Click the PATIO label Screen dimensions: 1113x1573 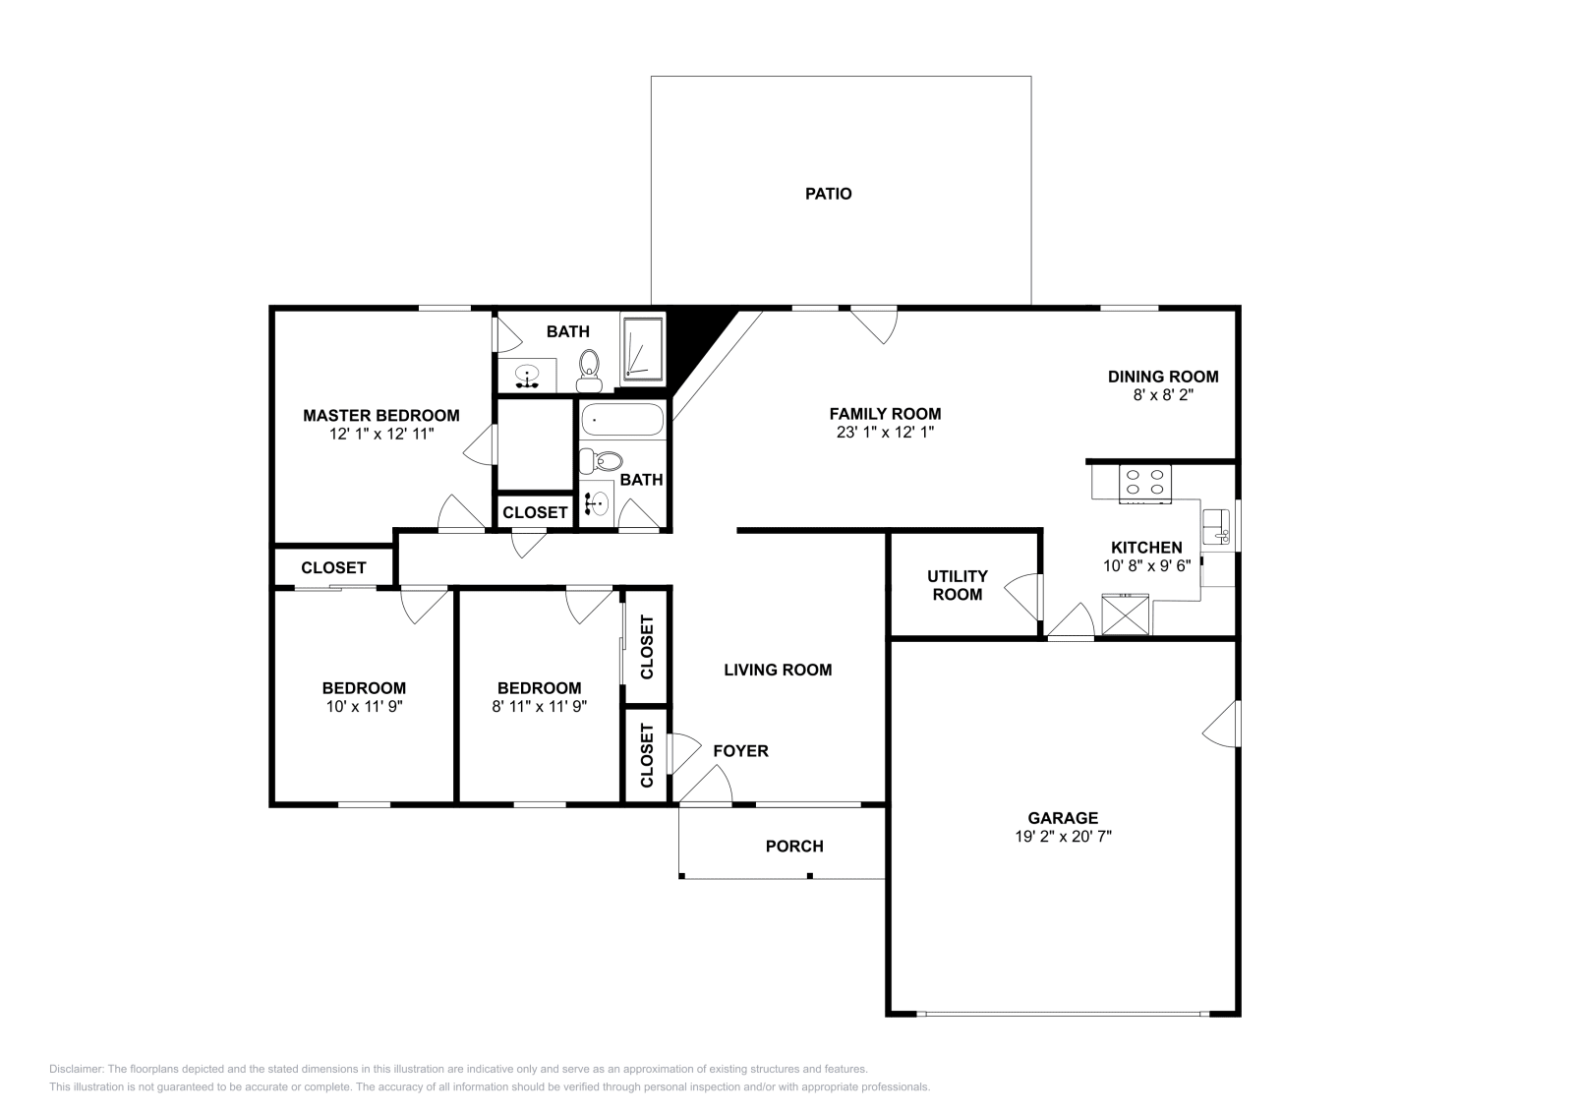(828, 194)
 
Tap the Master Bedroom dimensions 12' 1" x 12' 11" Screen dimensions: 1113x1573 (381, 433)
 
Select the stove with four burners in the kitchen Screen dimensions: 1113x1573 (1145, 482)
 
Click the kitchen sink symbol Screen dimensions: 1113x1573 (1217, 525)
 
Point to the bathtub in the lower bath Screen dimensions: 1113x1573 (622, 422)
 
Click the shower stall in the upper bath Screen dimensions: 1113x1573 (643, 351)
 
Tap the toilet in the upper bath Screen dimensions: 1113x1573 (589, 364)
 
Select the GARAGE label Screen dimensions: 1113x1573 (1062, 817)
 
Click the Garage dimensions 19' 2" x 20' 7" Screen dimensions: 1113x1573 (1062, 837)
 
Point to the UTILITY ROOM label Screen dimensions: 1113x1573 (957, 585)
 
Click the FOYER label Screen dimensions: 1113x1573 (740, 751)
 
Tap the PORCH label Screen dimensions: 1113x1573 (794, 846)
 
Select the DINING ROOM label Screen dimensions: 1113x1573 (1163, 376)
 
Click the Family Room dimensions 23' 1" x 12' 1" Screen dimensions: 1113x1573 (885, 432)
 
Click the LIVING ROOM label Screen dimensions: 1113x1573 (778, 670)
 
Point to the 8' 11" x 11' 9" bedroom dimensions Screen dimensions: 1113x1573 (539, 706)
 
